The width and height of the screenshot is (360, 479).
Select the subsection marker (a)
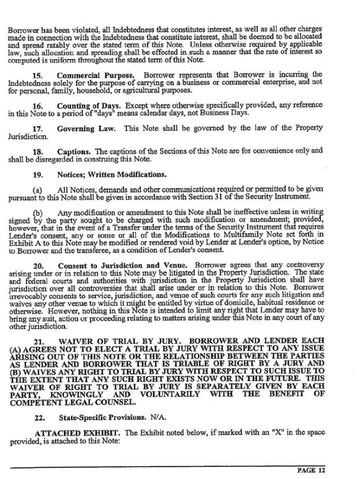[x=38, y=189]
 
